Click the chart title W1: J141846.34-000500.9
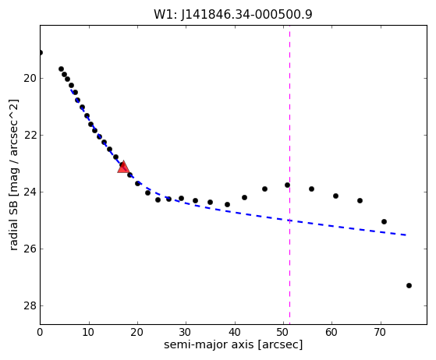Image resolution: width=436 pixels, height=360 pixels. pos(233,15)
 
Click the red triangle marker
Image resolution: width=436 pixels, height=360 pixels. pos(123,167)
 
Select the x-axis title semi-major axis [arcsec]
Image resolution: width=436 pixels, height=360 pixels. pos(233,344)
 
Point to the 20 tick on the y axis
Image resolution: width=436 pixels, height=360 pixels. pos(30,79)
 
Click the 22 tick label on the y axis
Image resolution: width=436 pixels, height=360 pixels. pos(30,136)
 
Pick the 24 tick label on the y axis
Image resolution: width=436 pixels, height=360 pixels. pos(30,192)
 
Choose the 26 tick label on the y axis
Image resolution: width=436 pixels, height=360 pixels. pos(30,249)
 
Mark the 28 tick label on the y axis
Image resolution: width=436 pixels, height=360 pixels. pos(30,305)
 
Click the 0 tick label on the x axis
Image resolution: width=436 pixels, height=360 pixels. pos(40,332)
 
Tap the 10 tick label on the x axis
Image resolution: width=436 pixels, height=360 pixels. pos(89,332)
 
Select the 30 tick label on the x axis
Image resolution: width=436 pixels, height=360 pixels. pos(186,332)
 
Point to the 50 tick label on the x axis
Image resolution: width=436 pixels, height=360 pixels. pos(283,332)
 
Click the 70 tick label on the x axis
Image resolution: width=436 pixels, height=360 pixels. pos(380,332)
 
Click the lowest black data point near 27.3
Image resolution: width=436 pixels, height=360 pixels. pos(409,285)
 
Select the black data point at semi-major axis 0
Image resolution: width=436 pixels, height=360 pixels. pos(41,53)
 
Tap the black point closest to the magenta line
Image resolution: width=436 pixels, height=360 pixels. pos(287,185)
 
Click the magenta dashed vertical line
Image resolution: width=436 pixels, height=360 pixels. pos(289,175)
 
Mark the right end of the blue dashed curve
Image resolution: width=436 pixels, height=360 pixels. pos(406,235)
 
